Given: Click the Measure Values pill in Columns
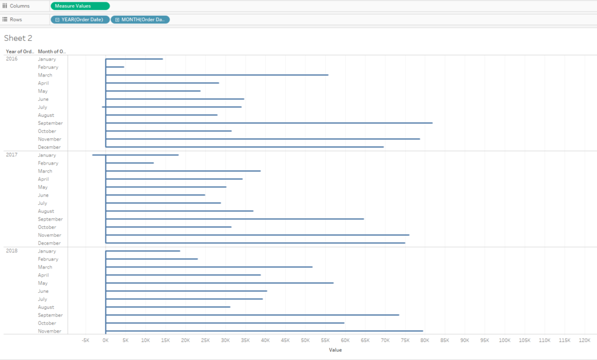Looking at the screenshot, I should coord(80,6).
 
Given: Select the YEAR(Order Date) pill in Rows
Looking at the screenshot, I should coord(80,19).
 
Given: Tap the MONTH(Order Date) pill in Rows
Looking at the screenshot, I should coord(141,19).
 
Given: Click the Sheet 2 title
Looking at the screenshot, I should coord(18,38).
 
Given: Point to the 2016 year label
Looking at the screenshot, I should coord(12,59).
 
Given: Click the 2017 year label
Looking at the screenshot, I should coord(12,155).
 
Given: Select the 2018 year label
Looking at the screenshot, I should coord(12,251).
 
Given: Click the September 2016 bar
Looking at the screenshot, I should coord(268,123).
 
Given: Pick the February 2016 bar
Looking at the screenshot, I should coord(115,67).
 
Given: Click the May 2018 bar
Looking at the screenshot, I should coord(219,283).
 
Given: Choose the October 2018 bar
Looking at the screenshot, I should coord(224,323).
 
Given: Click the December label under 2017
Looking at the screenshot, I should coord(49,243).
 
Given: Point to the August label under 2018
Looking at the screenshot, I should coord(46,307).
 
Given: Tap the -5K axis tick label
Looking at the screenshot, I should coord(86,340).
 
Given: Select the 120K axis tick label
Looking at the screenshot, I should coord(585,340).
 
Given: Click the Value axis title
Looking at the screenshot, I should coord(335,350).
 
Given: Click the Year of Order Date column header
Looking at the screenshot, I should coord(20,51).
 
